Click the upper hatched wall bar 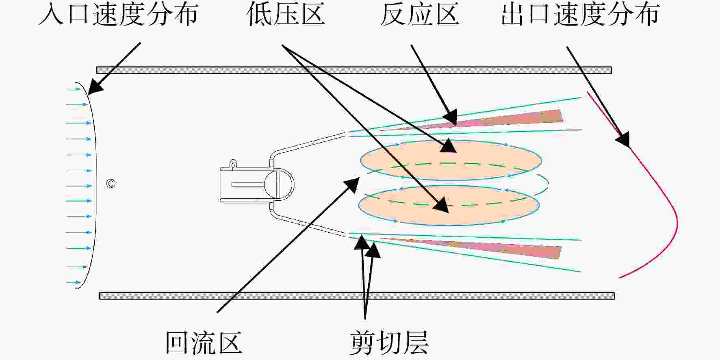point(354,70)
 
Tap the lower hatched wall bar point(357,296)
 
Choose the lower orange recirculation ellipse point(449,206)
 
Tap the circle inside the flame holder point(279,184)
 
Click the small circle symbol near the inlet point(111,184)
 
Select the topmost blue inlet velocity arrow point(74,89)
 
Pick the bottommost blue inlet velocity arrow point(74,282)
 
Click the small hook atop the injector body point(233,163)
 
